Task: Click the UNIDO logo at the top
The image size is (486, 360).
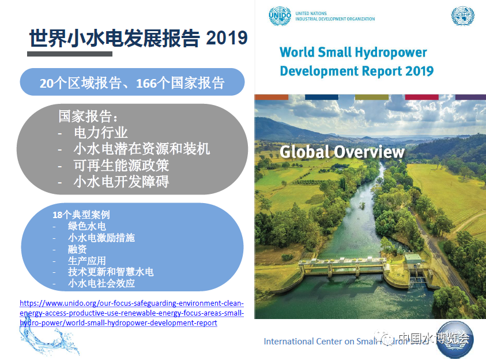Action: (280, 16)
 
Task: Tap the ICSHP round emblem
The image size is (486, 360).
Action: (463, 16)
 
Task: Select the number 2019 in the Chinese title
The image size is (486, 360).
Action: (227, 39)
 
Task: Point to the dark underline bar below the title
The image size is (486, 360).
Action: (70, 54)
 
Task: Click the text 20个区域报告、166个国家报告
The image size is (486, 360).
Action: (132, 83)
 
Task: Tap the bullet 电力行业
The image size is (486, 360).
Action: (101, 133)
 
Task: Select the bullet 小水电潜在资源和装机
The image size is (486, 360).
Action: (142, 149)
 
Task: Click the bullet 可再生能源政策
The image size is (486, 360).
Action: (121, 165)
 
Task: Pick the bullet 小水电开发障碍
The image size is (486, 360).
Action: (121, 182)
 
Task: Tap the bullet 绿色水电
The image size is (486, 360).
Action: (87, 226)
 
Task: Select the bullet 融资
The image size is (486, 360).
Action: (77, 249)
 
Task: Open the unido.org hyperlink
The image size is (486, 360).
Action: (131, 313)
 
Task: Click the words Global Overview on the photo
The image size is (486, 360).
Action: (342, 152)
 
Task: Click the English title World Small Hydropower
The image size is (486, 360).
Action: (353, 52)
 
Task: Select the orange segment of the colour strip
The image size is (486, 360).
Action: (271, 96)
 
